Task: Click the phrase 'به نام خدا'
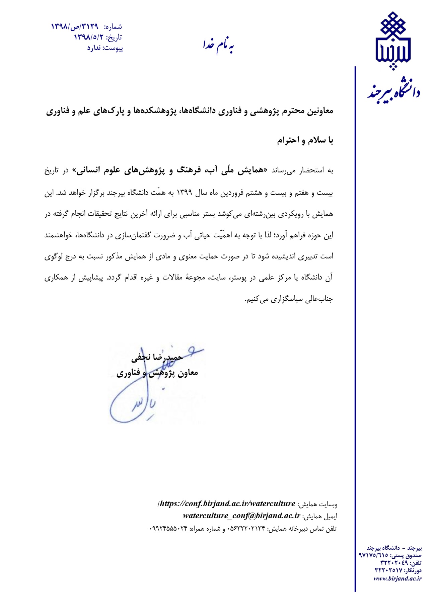click(218, 46)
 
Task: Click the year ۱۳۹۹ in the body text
click(184, 193)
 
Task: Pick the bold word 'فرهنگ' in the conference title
click(189, 171)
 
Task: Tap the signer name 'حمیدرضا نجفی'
click(157, 358)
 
